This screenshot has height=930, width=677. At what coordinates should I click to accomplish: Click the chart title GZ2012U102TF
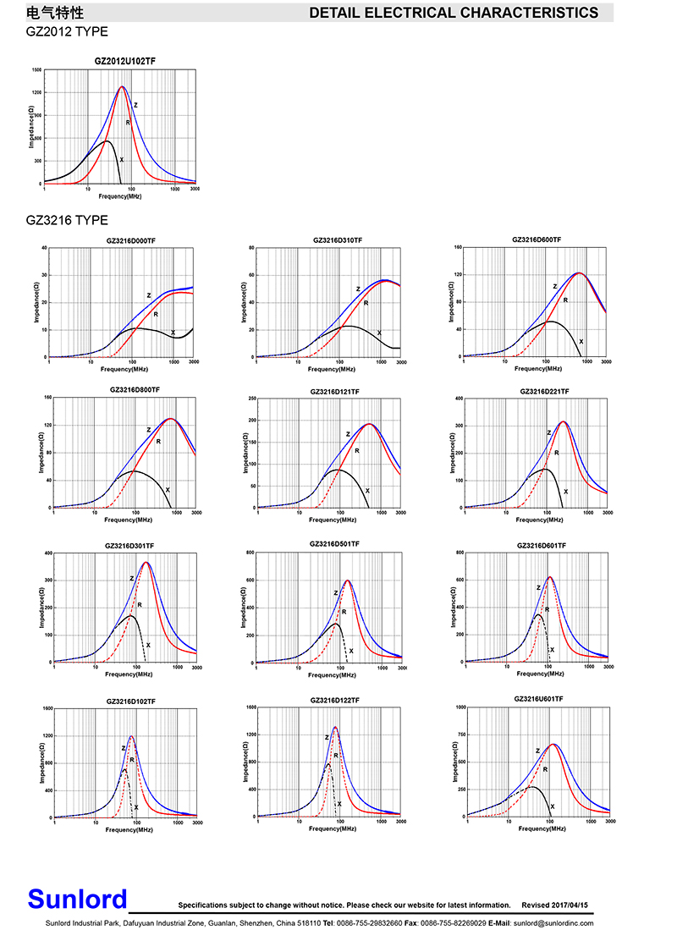tap(124, 61)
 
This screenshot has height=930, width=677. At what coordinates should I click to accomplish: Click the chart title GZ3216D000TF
tap(130, 241)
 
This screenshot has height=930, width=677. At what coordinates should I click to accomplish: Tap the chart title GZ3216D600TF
tap(537, 239)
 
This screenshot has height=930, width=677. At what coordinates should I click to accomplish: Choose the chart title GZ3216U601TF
tap(538, 699)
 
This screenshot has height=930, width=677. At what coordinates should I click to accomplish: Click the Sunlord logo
tap(77, 899)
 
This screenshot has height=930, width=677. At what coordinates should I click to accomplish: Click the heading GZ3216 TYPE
tap(67, 220)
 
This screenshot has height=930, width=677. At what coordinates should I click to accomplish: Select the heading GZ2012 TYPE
tap(67, 30)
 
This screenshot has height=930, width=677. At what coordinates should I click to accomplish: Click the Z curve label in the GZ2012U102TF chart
tap(135, 106)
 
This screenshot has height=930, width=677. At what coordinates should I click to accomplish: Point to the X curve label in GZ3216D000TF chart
tap(173, 333)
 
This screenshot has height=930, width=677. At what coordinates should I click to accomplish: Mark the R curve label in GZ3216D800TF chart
tap(158, 441)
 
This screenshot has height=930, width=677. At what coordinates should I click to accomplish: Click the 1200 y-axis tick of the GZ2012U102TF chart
tap(36, 93)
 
